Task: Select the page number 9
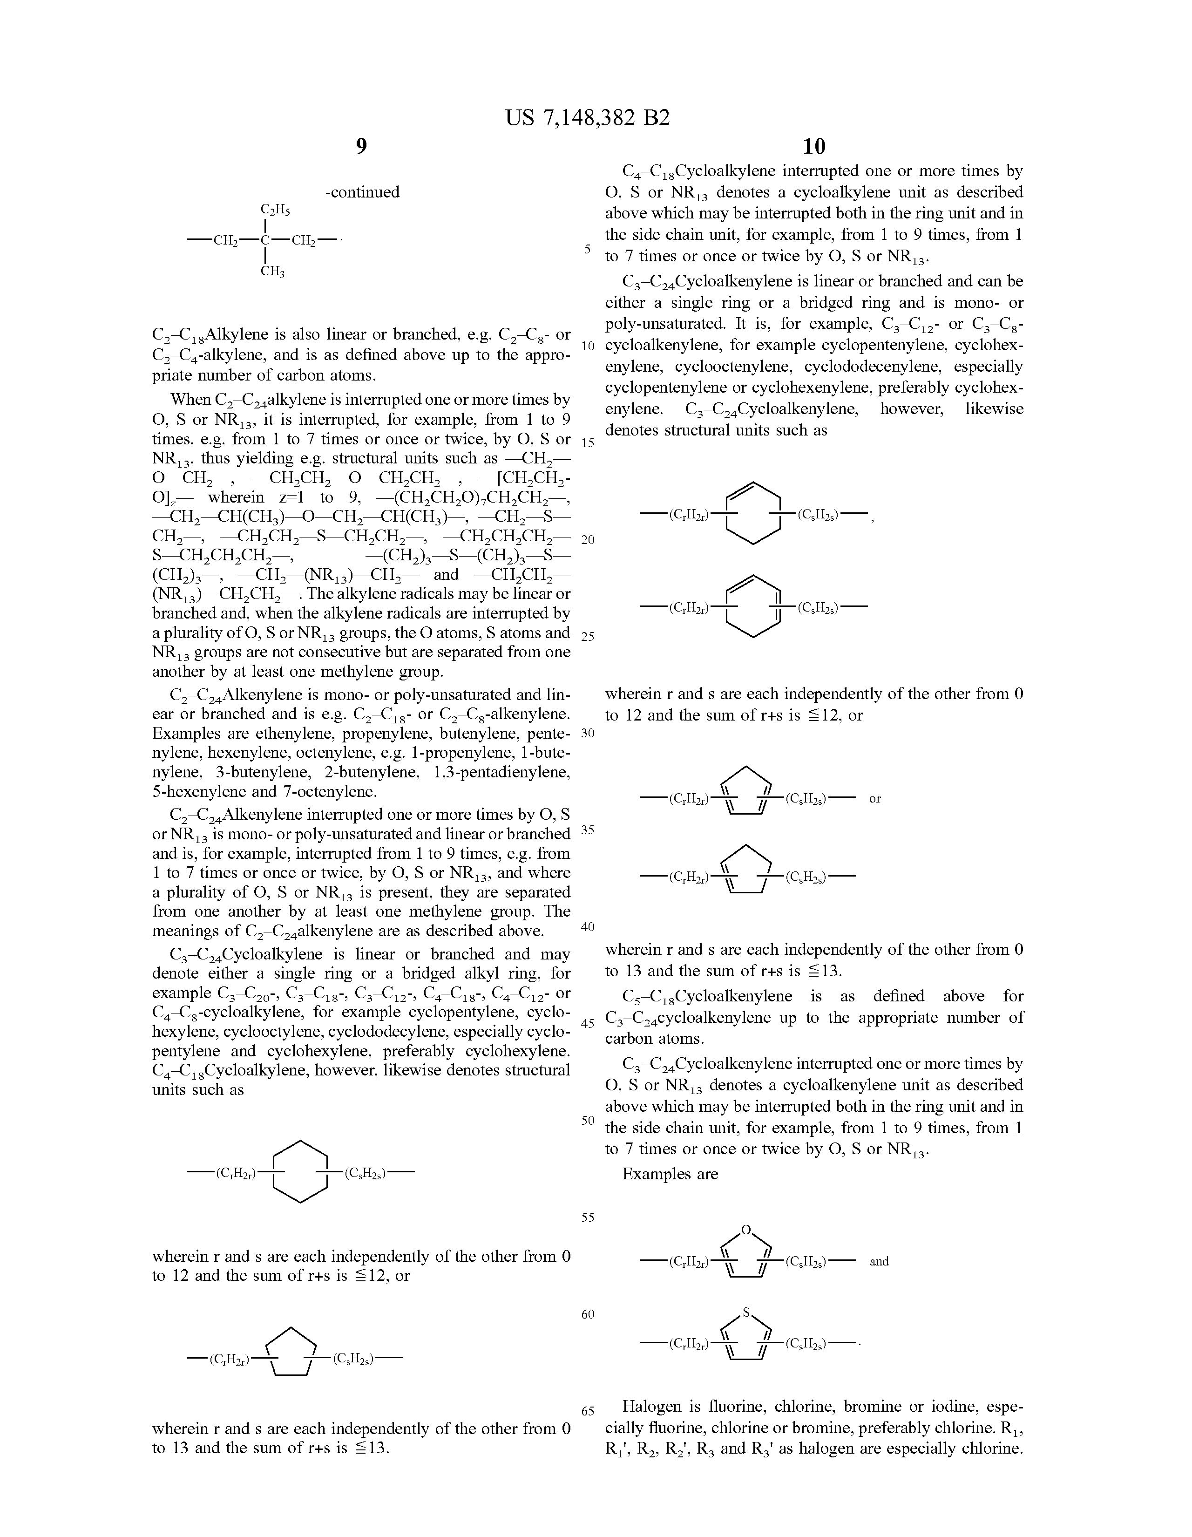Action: [x=361, y=146]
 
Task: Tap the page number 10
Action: [x=813, y=146]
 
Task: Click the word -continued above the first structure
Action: [x=362, y=192]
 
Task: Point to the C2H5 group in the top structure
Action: [x=275, y=210]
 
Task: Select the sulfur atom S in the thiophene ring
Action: [x=746, y=1313]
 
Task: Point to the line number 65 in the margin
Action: [x=588, y=1410]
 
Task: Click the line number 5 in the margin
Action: [x=588, y=249]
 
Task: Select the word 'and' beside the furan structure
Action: [x=879, y=1261]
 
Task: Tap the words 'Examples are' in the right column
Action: [x=670, y=1174]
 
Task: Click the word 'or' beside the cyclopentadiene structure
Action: [x=874, y=799]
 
